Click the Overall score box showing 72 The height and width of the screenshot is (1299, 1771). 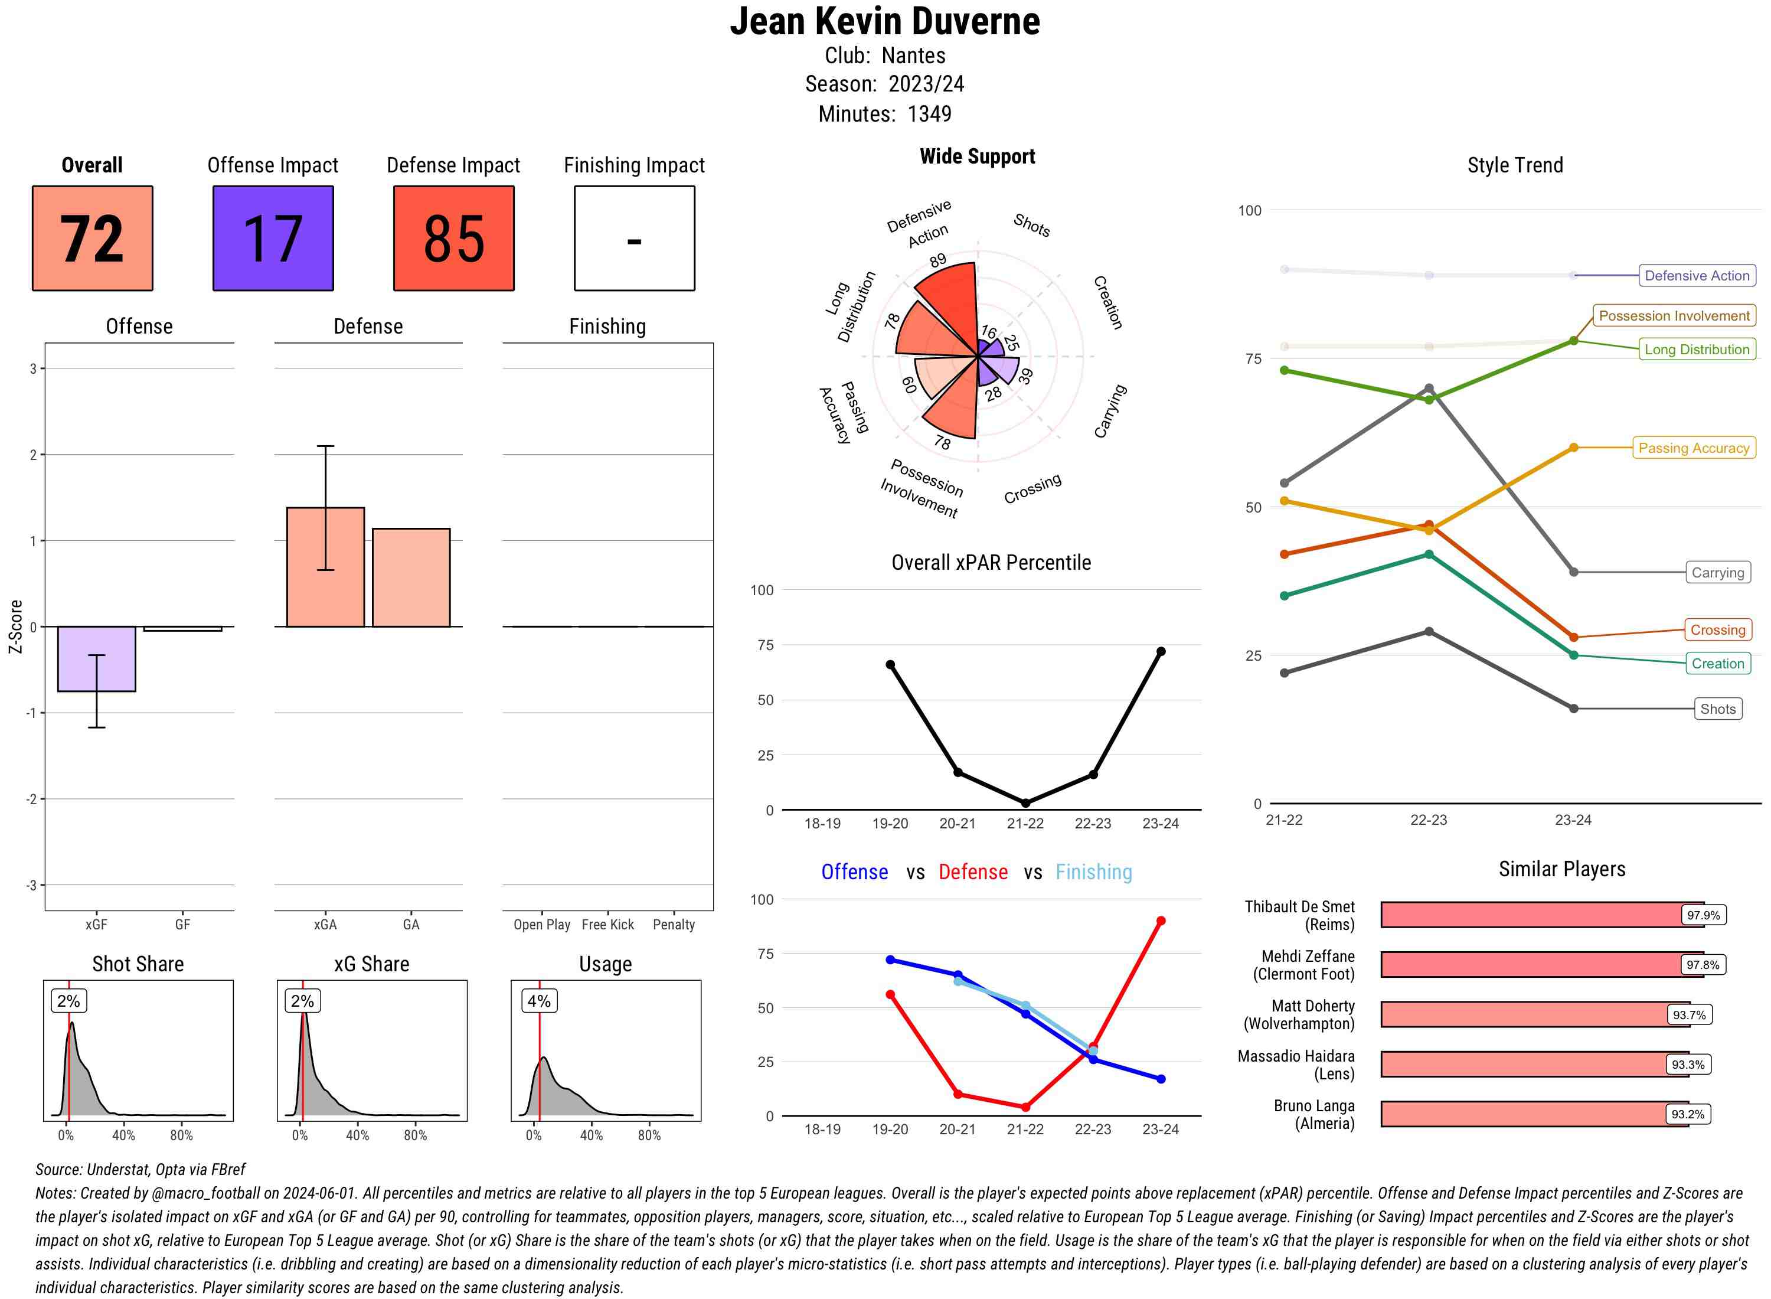tap(92, 239)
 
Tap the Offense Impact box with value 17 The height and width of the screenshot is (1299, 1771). tap(273, 239)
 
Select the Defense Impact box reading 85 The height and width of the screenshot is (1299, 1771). tap(453, 239)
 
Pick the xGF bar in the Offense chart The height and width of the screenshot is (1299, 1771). tap(97, 659)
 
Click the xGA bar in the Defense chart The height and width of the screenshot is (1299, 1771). tap(325, 567)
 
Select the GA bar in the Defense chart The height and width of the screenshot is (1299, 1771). tap(411, 577)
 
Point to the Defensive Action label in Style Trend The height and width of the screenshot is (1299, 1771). tap(1697, 276)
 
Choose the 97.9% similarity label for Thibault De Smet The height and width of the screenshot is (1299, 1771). tap(1703, 915)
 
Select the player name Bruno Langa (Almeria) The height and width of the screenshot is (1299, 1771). tap(1313, 1114)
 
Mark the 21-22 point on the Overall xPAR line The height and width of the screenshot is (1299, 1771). tap(1025, 803)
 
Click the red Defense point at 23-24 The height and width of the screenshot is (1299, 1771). tap(1160, 921)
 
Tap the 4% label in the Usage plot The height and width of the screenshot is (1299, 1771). tap(538, 1001)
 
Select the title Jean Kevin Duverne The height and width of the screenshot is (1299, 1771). tap(884, 21)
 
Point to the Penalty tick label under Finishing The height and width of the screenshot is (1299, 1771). tap(674, 925)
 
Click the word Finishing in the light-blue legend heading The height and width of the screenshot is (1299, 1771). tap(1093, 872)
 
